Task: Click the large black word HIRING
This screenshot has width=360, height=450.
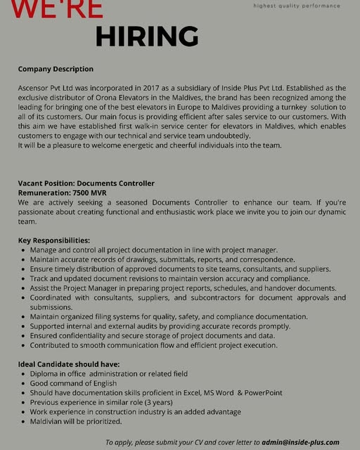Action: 146,35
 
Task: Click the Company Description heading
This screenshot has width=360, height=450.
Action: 56,69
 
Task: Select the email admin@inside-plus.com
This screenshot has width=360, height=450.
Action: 300,442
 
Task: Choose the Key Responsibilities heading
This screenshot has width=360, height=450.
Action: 54,240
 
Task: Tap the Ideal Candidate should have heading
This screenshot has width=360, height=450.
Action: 69,364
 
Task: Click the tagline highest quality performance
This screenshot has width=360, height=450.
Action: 296,6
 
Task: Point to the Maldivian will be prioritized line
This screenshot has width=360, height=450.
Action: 75,421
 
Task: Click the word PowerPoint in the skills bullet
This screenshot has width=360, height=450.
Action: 262,393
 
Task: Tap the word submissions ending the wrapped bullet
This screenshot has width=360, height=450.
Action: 51,307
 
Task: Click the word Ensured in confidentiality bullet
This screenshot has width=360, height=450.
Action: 46,336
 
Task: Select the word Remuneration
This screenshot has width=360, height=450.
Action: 44,193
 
